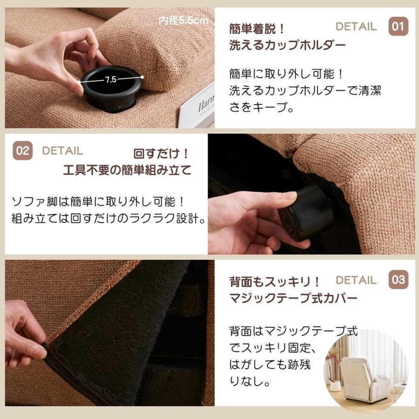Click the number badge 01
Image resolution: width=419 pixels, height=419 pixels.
399,26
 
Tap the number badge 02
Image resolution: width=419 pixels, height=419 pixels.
22,151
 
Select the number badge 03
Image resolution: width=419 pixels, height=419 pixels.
399,280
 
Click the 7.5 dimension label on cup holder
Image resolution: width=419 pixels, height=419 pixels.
110,80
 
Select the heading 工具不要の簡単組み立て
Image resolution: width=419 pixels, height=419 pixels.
127,170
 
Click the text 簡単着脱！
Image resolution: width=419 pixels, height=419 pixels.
257,29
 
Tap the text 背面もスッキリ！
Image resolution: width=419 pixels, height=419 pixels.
275,282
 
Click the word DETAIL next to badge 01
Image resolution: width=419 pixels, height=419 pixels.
356,27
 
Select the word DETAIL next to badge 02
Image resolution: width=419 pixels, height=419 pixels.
62,151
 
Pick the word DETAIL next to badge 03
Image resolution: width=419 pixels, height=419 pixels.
356,280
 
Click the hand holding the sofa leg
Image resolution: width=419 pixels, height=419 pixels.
247,219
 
